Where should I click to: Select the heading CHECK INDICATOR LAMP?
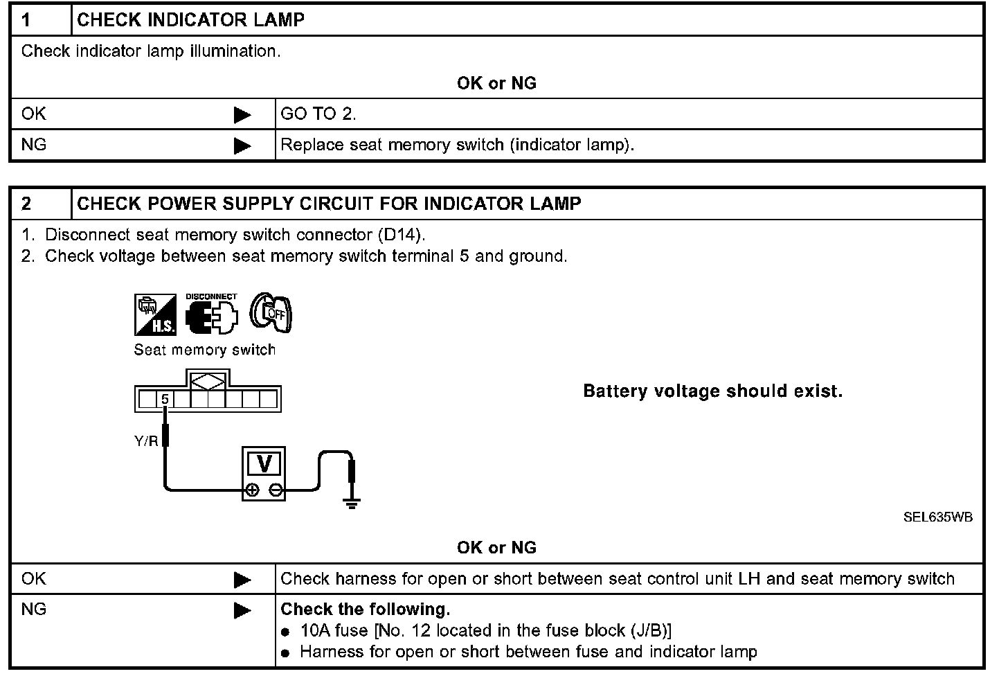190,19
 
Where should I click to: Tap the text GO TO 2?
318,114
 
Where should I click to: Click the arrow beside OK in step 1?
242,115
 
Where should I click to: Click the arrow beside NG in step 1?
242,145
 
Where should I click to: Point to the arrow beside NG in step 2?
242,610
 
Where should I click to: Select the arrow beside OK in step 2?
242,580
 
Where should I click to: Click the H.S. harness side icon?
155,314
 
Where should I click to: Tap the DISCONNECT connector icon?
211,315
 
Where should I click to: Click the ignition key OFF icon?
271,313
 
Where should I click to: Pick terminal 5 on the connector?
165,400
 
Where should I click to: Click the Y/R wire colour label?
146,441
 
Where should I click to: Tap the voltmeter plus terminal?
253,490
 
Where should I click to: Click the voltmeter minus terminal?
276,490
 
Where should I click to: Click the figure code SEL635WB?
937,517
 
